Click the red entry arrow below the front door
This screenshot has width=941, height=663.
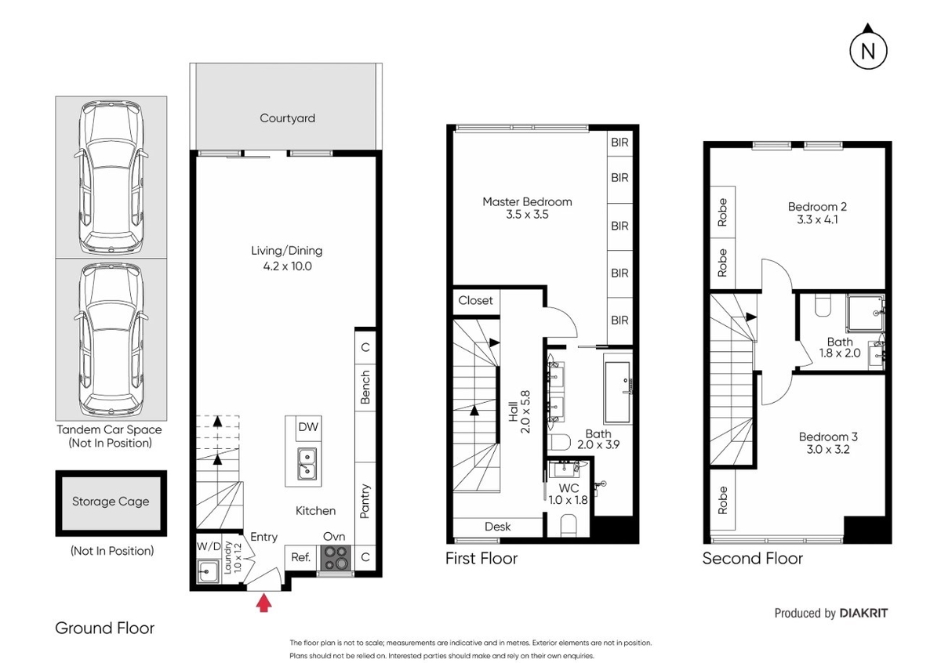pyautogui.click(x=263, y=603)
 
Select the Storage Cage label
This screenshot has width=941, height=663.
pyautogui.click(x=111, y=502)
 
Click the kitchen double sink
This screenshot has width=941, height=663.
pyautogui.click(x=307, y=464)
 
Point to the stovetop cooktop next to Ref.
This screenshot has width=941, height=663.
pyautogui.click(x=336, y=558)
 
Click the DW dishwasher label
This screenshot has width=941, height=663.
pyautogui.click(x=308, y=427)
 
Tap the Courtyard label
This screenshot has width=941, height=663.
pyautogui.click(x=287, y=118)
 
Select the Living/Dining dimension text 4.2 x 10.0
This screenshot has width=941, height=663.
pyautogui.click(x=287, y=266)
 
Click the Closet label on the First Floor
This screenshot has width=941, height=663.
pyautogui.click(x=475, y=300)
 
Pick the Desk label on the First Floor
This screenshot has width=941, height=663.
pyautogui.click(x=498, y=527)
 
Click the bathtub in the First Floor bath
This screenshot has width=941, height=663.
pyautogui.click(x=618, y=388)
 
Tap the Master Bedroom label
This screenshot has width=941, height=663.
pyautogui.click(x=527, y=202)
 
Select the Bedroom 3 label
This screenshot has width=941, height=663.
pyautogui.click(x=828, y=437)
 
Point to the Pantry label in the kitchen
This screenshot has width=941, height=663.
pyautogui.click(x=365, y=501)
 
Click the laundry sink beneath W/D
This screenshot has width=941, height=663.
pyautogui.click(x=208, y=571)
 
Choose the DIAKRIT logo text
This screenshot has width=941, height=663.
pyautogui.click(x=863, y=614)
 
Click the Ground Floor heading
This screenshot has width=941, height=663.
pyautogui.click(x=104, y=629)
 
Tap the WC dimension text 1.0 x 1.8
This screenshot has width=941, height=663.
pyautogui.click(x=569, y=500)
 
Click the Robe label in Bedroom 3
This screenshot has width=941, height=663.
pyautogui.click(x=722, y=500)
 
